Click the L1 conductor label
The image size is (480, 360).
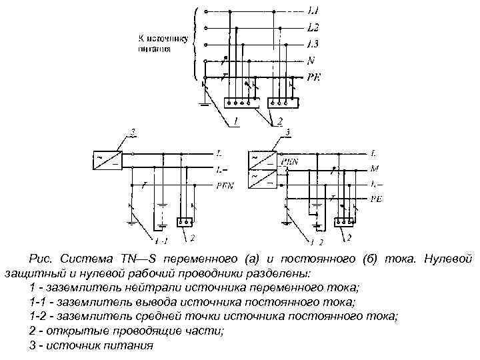click(x=313, y=11)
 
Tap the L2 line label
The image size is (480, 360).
click(x=313, y=28)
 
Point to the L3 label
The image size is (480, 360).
click(x=313, y=44)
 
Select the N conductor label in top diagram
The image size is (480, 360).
click(x=311, y=61)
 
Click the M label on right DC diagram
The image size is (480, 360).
click(x=375, y=169)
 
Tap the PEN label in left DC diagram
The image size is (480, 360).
click(x=224, y=187)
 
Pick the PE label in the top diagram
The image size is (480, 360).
click(x=314, y=77)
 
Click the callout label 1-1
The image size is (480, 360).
click(x=161, y=239)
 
